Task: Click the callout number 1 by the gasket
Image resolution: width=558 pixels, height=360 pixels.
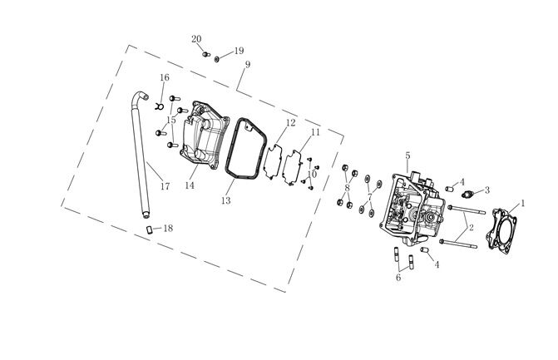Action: (x=523, y=204)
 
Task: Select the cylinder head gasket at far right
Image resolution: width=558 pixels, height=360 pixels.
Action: (x=501, y=232)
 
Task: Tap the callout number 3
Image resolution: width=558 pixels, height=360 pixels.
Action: (x=487, y=190)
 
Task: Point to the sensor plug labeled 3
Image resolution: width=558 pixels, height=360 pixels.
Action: (x=467, y=195)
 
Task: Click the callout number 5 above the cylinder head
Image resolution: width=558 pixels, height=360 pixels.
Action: (x=407, y=155)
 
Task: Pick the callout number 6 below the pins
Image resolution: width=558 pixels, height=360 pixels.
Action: (x=398, y=277)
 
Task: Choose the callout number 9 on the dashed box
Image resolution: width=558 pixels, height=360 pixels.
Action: (x=248, y=64)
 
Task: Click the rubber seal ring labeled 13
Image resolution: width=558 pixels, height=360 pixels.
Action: (x=246, y=149)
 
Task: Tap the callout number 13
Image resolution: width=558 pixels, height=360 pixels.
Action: (x=225, y=200)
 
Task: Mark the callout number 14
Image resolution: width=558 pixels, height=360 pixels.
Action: (x=190, y=185)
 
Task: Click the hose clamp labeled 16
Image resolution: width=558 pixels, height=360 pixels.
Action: (x=159, y=106)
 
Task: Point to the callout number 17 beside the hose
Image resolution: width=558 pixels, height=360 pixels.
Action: (x=165, y=186)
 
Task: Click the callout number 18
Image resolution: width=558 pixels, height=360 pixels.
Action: (x=168, y=228)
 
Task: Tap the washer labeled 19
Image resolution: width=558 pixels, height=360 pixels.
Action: (x=217, y=59)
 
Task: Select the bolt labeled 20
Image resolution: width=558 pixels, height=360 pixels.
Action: (x=206, y=54)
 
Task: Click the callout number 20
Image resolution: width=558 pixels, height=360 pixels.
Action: (x=196, y=39)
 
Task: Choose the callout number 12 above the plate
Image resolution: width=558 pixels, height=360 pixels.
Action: (x=291, y=123)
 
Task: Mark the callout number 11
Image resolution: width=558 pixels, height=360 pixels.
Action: (x=315, y=132)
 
